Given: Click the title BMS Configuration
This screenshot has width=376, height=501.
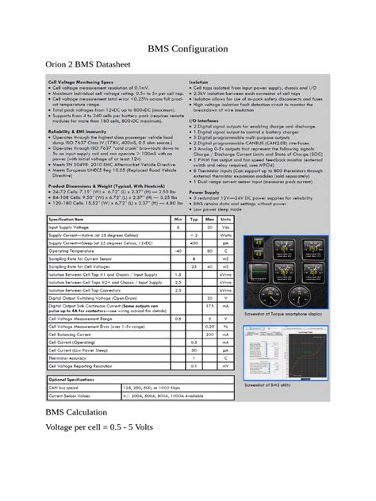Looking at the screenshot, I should click(x=188, y=49).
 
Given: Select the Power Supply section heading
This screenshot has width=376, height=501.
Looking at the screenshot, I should click(x=205, y=192).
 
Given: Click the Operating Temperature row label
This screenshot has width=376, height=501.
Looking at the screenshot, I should click(x=79, y=250).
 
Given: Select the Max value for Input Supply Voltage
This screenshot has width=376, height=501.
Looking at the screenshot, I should click(x=209, y=228).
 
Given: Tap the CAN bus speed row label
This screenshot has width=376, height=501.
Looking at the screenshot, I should click(x=67, y=387).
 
